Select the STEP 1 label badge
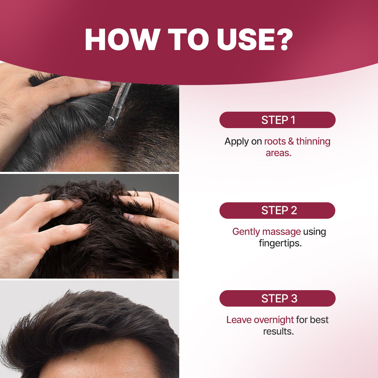(277, 120)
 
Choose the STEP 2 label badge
(277, 210)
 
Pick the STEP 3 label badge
(277, 299)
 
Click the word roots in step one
(275, 141)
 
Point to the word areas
(278, 153)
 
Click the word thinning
(313, 141)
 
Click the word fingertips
(280, 243)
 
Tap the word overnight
(274, 320)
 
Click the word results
(278, 331)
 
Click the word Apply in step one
(237, 142)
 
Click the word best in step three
(319, 320)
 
